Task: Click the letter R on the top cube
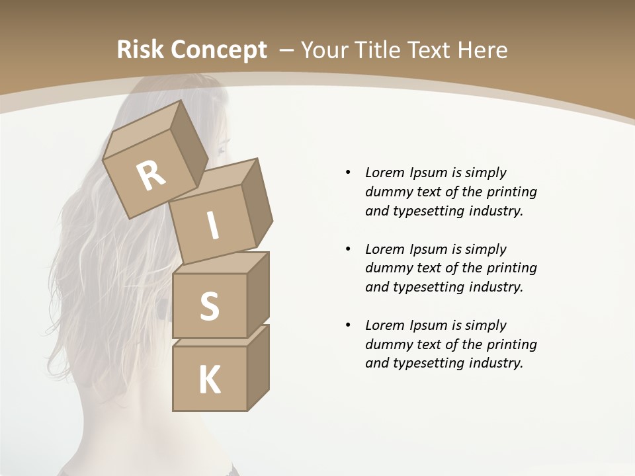point(151,175)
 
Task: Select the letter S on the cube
point(209,306)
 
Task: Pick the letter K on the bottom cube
point(209,379)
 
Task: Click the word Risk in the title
point(140,50)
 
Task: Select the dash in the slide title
point(287,50)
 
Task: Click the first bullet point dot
point(348,173)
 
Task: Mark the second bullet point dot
point(348,249)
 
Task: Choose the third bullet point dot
point(348,325)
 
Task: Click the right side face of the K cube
point(258,367)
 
